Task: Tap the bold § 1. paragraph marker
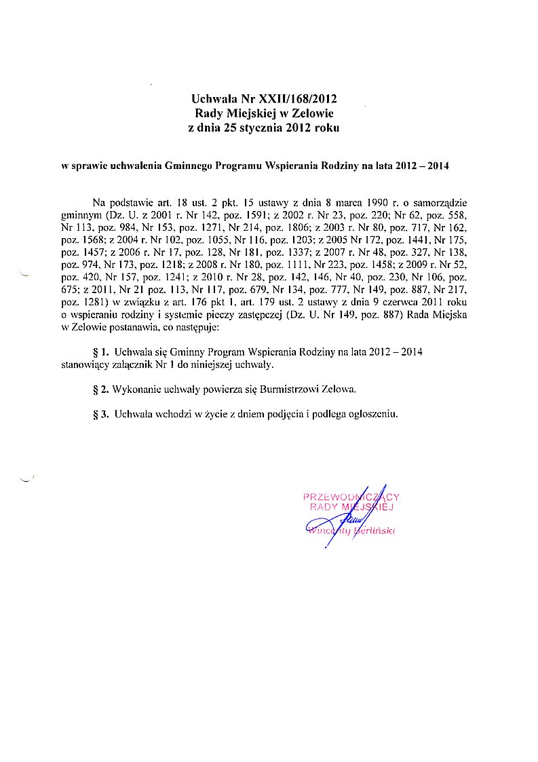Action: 100,353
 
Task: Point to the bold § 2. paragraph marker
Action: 100,389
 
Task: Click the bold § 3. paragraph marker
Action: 100,414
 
